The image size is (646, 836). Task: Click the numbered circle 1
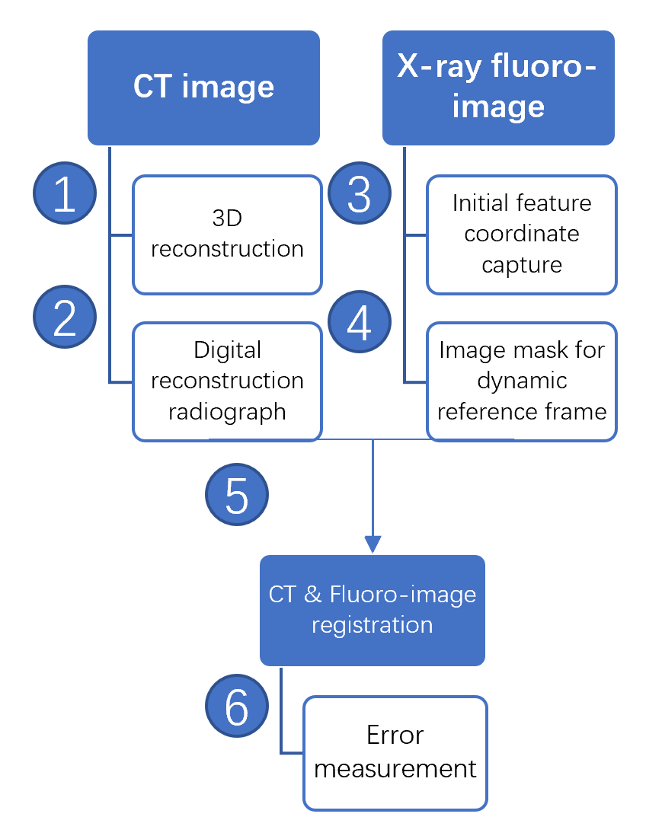click(65, 194)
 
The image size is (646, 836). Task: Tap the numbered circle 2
click(65, 317)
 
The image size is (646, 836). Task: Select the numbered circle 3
click(359, 194)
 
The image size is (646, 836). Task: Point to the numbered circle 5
click(237, 495)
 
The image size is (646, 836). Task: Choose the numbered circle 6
click(237, 707)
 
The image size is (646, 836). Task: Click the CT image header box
click(203, 88)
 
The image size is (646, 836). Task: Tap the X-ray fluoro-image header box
click(498, 88)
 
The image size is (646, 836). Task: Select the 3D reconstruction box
click(227, 235)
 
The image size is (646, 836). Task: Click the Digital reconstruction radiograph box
click(227, 381)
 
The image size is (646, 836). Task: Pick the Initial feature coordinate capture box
click(521, 235)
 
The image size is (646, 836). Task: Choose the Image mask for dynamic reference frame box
click(521, 381)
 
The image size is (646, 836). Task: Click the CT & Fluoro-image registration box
click(373, 610)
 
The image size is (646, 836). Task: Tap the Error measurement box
click(395, 752)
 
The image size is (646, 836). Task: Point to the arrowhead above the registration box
click(373, 544)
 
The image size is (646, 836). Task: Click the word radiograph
click(227, 412)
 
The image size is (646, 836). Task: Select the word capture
click(522, 265)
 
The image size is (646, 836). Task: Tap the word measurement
click(395, 768)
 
